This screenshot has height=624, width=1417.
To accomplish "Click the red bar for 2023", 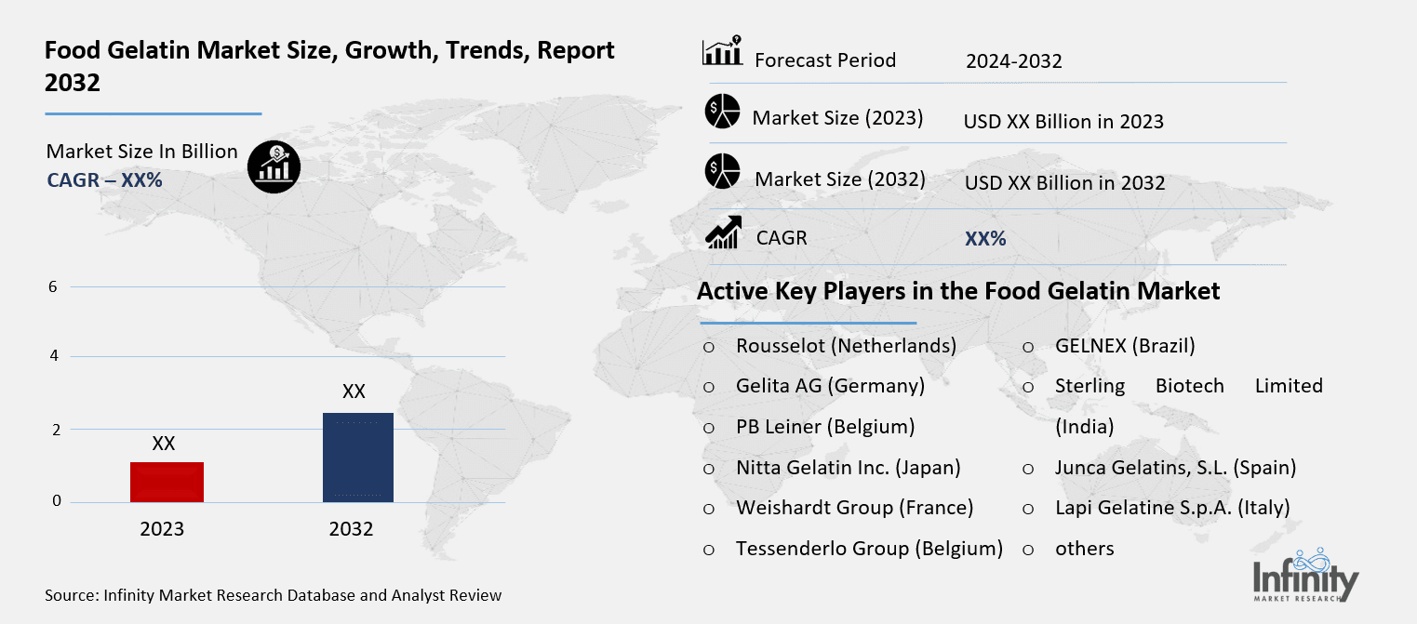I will (167, 482).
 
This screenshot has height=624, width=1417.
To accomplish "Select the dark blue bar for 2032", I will (357, 458).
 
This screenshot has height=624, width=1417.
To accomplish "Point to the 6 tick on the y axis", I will (53, 286).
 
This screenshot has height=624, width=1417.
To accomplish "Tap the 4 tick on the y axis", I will (53, 356).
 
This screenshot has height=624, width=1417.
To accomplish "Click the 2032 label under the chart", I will (351, 529).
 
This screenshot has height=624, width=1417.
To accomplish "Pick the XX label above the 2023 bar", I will (164, 445).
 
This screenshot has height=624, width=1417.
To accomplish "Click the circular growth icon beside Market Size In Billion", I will (274, 168).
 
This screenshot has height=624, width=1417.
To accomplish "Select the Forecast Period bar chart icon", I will (722, 52).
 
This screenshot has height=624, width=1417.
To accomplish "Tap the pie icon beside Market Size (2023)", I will (722, 112).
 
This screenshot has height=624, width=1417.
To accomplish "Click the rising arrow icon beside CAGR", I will (723, 232).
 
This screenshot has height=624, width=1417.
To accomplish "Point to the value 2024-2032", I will (1013, 61).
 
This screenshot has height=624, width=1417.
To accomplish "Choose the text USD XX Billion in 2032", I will (1064, 183).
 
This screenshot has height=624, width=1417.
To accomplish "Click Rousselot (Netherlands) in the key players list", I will (846, 346).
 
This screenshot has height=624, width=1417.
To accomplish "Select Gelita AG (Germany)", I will (830, 385).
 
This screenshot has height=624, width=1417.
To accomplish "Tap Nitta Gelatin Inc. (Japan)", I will (848, 467).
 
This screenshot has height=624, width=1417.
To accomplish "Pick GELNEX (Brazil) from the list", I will (1125, 346).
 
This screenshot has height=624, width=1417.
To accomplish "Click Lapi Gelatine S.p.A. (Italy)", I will (1172, 508).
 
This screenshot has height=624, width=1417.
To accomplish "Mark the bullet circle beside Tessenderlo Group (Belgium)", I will (709, 550).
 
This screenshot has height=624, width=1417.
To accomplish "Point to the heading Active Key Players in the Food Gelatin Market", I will (958, 291).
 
